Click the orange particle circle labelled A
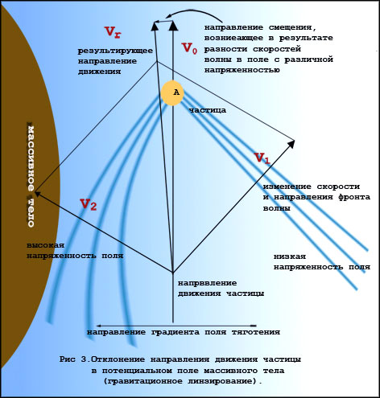(172, 92)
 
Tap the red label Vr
(113, 32)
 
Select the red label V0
(189, 48)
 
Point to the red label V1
(262, 158)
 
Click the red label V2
(88, 205)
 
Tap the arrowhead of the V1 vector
(291, 143)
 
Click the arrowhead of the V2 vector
(39, 194)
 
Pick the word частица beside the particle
(208, 110)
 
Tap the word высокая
(46, 245)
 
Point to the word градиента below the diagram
(176, 332)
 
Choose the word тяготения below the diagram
(256, 332)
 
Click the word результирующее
(115, 51)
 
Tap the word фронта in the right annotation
(354, 197)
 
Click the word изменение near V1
(284, 187)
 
